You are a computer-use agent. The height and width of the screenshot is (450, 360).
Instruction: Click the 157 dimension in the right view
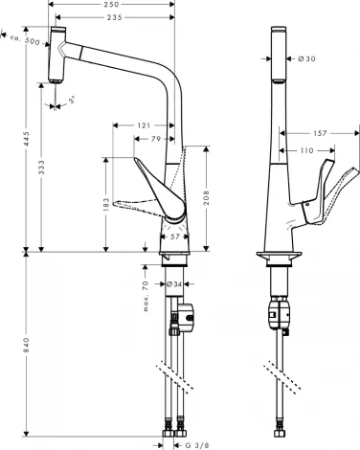pos(320,133)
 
